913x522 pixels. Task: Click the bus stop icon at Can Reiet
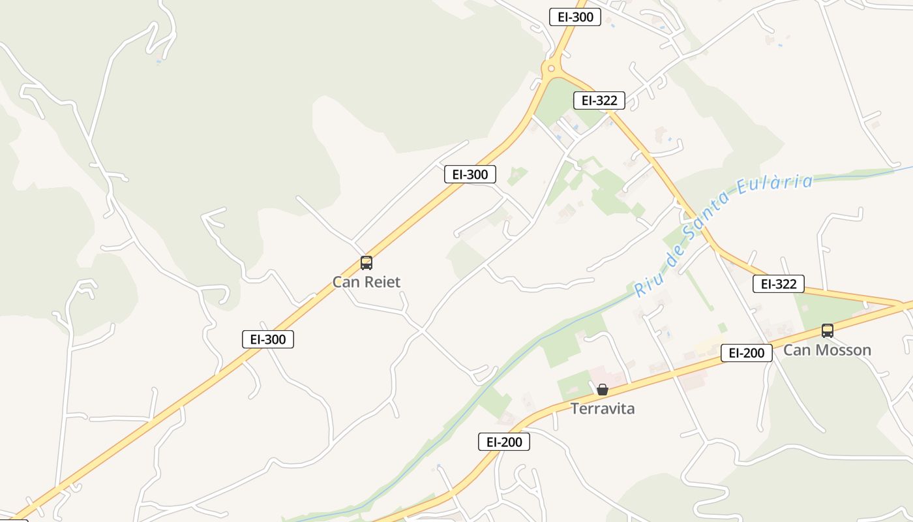click(x=367, y=263)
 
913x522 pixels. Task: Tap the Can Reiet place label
click(x=367, y=282)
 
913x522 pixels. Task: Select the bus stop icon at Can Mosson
click(x=827, y=331)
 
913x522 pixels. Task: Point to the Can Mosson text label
click(x=827, y=350)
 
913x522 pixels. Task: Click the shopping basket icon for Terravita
click(x=603, y=390)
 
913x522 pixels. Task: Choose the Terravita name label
click(x=603, y=409)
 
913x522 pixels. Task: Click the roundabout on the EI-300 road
click(x=552, y=68)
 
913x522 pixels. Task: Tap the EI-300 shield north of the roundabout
click(x=575, y=17)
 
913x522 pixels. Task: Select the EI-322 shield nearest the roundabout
click(x=599, y=100)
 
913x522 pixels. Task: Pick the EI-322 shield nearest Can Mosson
click(x=779, y=284)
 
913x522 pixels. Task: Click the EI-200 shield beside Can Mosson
click(x=747, y=353)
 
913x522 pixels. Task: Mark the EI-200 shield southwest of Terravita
click(x=504, y=442)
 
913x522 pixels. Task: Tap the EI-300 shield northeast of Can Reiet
click(x=470, y=174)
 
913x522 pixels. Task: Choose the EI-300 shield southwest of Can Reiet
click(x=268, y=339)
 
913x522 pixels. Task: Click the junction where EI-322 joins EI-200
click(x=903, y=305)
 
